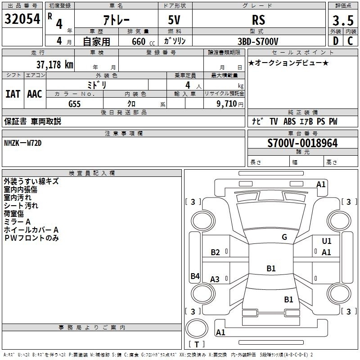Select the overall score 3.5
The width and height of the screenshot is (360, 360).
pos(342,20)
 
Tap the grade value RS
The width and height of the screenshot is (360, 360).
pos(258,20)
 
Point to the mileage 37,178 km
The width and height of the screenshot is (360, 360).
pos(54,64)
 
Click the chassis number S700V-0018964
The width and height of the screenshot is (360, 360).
pos(302,143)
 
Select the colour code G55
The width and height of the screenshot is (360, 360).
pos(74,104)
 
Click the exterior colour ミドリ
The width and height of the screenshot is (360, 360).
pos(97,85)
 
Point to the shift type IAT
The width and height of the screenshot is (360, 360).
pos(13,94)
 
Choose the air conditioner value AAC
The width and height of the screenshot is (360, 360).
pos(34,94)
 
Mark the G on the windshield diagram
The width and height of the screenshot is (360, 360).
pos(284,237)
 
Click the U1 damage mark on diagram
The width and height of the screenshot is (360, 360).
pos(326,241)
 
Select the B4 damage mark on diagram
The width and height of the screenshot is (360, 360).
pos(194,276)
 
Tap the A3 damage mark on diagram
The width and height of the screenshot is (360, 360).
pos(215,279)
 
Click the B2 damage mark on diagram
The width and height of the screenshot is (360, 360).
pos(216,252)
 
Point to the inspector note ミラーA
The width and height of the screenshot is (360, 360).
pos(17,222)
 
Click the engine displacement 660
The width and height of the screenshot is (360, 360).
pos(139,41)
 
